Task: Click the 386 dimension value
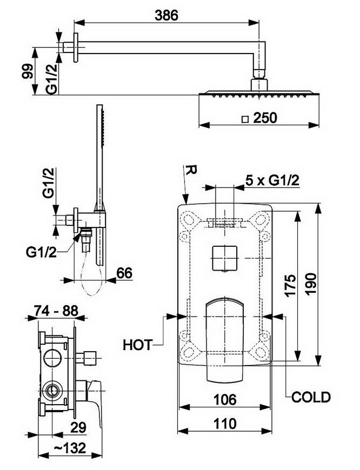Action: pyautogui.click(x=166, y=15)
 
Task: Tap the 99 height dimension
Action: pyautogui.click(x=28, y=71)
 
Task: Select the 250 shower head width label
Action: pyautogui.click(x=265, y=118)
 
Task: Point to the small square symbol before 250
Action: pyautogui.click(x=245, y=119)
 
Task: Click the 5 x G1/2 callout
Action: pyautogui.click(x=272, y=180)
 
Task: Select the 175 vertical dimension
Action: pyautogui.click(x=290, y=285)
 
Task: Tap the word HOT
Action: pyautogui.click(x=138, y=345)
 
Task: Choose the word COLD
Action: pyautogui.click(x=311, y=397)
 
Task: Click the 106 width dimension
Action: pyautogui.click(x=225, y=399)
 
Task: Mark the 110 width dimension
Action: pyautogui.click(x=225, y=424)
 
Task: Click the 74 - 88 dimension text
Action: pyautogui.click(x=56, y=311)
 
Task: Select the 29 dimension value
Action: pyautogui.click(x=78, y=427)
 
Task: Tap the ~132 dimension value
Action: pyautogui.click(x=70, y=448)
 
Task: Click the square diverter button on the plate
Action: pyautogui.click(x=225, y=258)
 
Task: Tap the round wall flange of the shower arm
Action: pyautogui.click(x=76, y=48)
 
